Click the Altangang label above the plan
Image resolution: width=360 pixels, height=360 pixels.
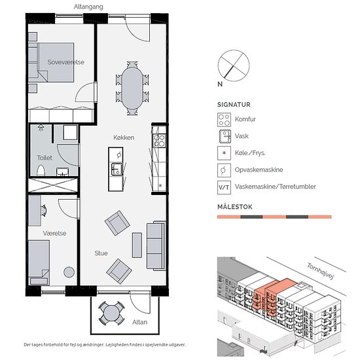coord(88,7)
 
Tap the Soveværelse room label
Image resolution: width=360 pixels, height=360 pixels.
coord(65,62)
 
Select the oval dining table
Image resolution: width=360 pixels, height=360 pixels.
coord(132,88)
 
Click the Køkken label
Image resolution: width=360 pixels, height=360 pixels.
coord(124,137)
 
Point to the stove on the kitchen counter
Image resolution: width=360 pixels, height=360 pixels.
coord(159,141)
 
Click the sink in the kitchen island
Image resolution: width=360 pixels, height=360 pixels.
coord(117,170)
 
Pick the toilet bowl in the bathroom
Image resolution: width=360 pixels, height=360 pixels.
coord(41,170)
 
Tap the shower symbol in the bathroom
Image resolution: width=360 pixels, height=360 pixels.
coord(41,128)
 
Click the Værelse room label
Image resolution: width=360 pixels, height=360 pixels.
coord(54,233)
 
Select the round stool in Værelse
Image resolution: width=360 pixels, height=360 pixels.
coord(69,272)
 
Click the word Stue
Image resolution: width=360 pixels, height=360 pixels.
coord(101,253)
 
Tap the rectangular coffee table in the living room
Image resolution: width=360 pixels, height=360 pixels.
coord(137,245)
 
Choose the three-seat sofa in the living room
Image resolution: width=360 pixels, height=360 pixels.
coord(156,245)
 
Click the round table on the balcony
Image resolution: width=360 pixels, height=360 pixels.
coord(111,313)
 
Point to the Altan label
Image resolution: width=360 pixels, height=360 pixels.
coord(139,322)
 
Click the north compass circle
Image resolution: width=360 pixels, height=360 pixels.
coord(234,65)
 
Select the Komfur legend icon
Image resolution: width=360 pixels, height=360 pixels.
coord(224,120)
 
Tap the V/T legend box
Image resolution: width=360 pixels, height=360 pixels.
coord(224,188)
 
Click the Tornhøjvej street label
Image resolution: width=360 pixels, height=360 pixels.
coord(320,271)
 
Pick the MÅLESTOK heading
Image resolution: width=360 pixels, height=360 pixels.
coord(234,207)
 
